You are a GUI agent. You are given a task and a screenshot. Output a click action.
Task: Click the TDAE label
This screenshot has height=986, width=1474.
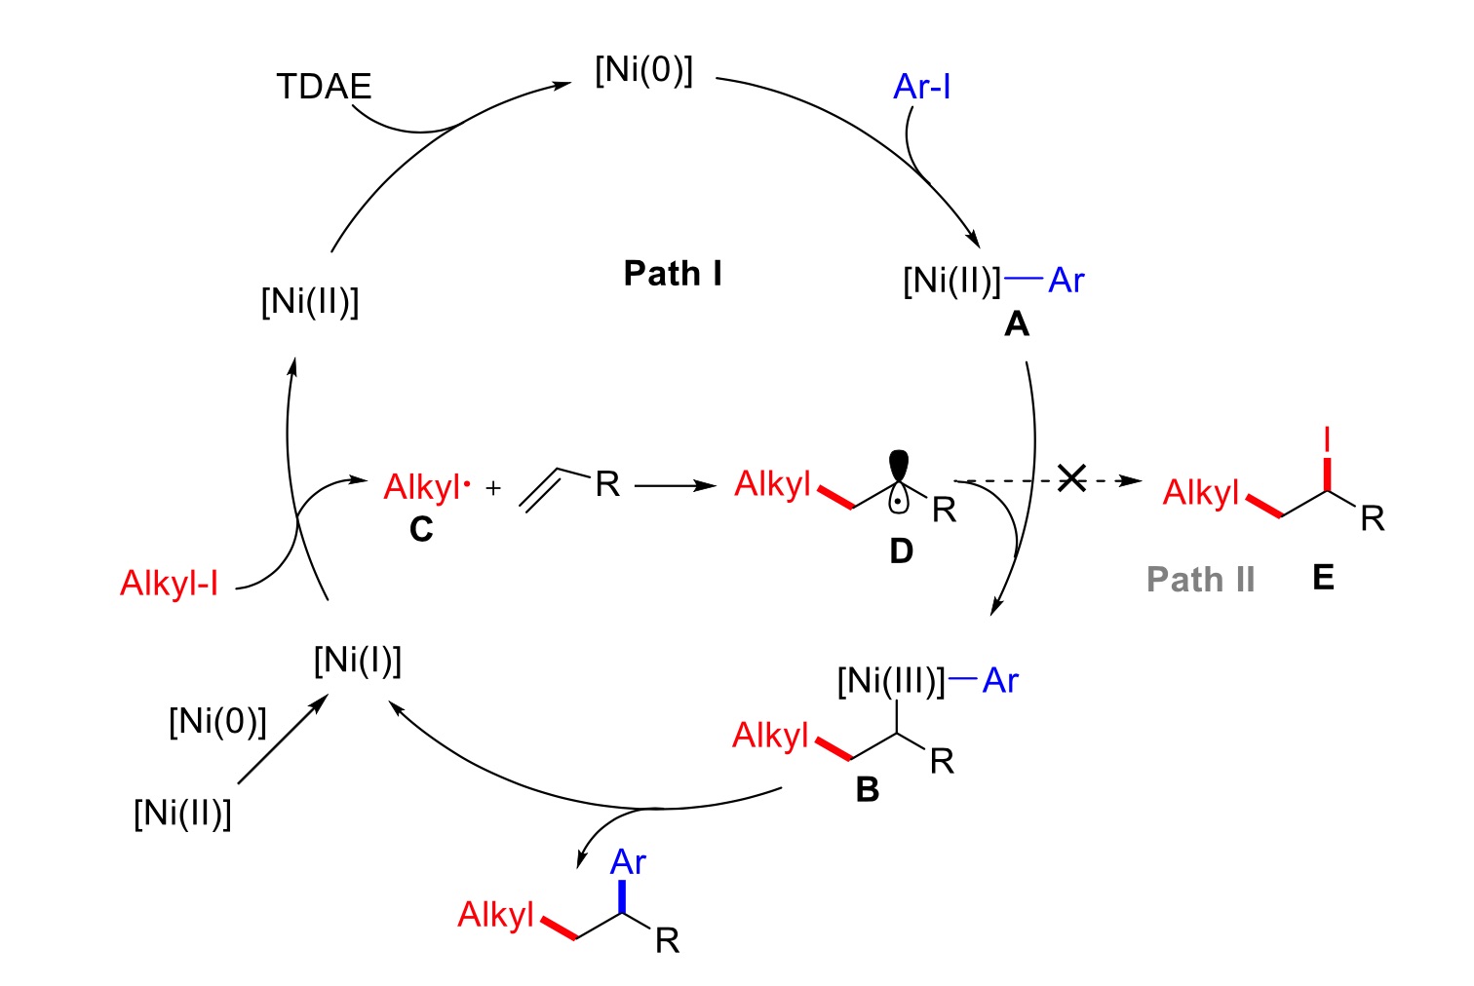(324, 87)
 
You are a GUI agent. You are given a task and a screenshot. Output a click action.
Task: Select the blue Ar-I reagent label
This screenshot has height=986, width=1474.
(921, 87)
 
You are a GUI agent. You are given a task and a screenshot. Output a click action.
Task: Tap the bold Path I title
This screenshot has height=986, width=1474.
(673, 273)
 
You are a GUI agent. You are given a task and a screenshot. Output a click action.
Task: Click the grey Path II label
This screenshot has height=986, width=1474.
(1200, 579)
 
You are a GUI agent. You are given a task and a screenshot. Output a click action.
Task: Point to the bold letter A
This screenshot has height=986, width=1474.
(1016, 323)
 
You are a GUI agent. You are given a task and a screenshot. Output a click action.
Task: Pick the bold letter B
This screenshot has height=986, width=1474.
(867, 789)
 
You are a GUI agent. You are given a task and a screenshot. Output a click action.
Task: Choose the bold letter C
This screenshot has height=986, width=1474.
(421, 529)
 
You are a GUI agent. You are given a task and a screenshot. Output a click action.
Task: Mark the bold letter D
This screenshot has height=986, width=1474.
(901, 551)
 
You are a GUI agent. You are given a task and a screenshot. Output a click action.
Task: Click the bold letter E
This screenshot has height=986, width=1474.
(1323, 578)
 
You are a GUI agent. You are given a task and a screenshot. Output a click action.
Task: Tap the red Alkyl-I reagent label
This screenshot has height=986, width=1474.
(169, 584)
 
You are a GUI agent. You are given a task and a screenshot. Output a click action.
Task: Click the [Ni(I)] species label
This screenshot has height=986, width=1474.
(358, 661)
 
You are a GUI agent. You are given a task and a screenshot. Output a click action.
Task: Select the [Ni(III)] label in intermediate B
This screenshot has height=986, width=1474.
(891, 680)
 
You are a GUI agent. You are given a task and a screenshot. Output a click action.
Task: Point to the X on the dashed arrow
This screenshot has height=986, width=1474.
(1071, 478)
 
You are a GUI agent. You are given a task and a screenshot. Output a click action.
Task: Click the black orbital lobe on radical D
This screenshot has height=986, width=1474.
(898, 465)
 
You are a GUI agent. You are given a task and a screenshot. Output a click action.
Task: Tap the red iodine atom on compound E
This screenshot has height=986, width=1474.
(1327, 440)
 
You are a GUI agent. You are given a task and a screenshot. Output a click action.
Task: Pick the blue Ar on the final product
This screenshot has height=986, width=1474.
(628, 862)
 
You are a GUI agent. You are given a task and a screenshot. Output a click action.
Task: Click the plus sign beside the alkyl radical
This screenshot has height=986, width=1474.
(493, 488)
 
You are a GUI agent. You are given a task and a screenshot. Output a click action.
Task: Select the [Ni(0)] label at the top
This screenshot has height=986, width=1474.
(643, 70)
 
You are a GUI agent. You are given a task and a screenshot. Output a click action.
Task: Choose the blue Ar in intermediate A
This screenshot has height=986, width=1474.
(1067, 281)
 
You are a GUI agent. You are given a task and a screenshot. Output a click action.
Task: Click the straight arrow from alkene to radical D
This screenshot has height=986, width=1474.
(676, 484)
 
